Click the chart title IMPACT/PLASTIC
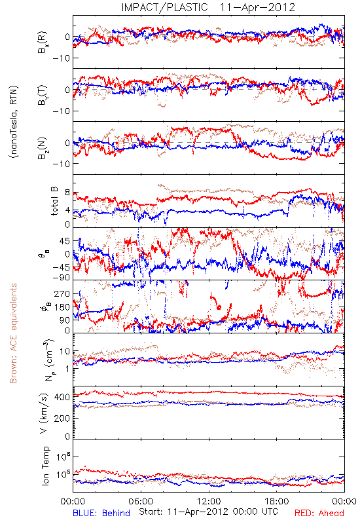click(164, 7)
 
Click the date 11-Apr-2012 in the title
click(257, 7)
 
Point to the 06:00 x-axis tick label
click(141, 501)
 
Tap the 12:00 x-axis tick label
click(209, 501)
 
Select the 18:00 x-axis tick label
click(277, 501)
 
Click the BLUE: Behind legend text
click(101, 513)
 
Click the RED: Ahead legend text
click(319, 513)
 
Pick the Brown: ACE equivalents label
click(13, 333)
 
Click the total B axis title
click(54, 201)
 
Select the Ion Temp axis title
click(45, 466)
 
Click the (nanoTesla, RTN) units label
click(14, 122)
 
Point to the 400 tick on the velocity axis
click(62, 398)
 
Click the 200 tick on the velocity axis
click(62, 419)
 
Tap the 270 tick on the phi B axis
click(62, 293)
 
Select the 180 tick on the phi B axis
click(62, 307)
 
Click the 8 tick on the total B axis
click(67, 193)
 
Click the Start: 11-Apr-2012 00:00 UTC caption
click(208, 512)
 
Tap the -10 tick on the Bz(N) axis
click(61, 164)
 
